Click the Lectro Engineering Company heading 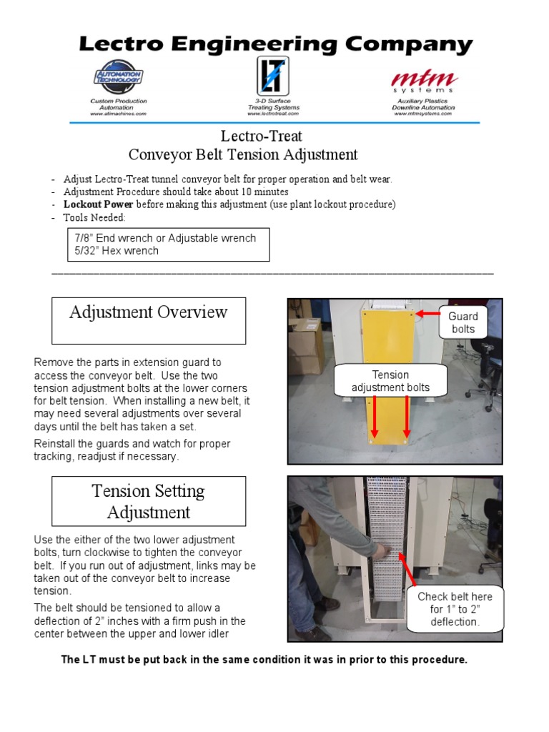tap(275, 45)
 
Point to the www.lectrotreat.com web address tap(273, 114)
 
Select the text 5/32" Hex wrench tap(116, 251)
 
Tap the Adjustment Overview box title tap(149, 312)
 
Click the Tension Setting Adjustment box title tap(149, 501)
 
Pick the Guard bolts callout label tap(463, 322)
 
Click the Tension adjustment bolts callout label tap(390, 381)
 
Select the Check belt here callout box tap(455, 609)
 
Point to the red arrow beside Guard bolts tap(428, 314)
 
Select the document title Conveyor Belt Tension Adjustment tap(243, 154)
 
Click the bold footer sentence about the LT tap(264, 660)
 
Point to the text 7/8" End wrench tap(114, 237)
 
